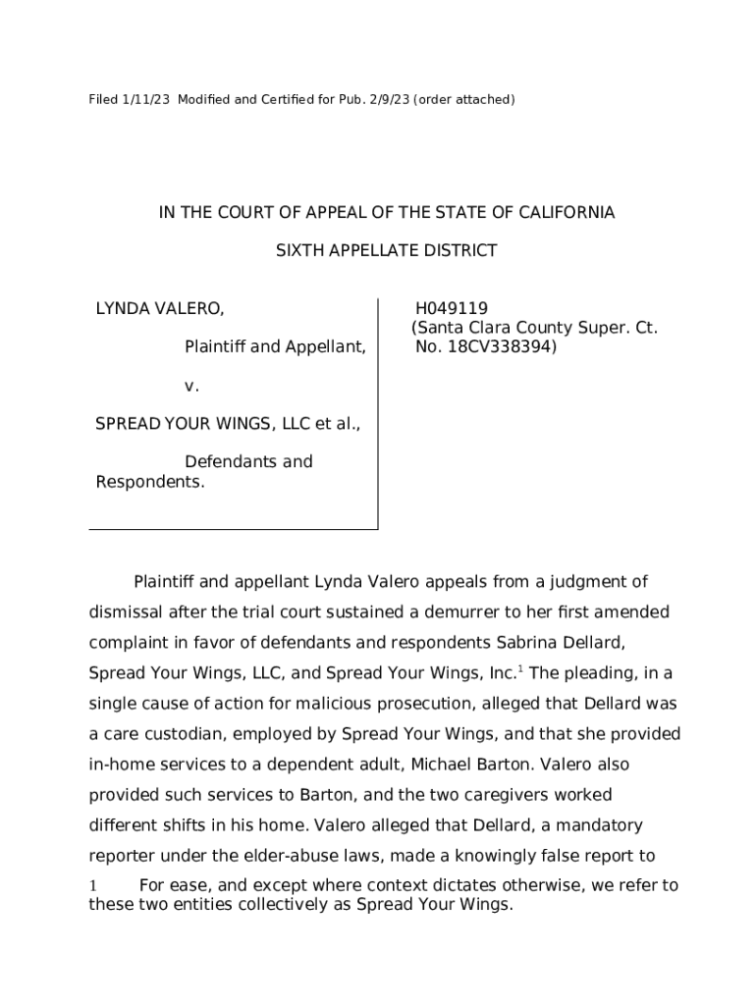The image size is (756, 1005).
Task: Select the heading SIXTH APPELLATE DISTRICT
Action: pyautogui.click(x=386, y=250)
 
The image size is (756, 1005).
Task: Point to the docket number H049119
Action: pyautogui.click(x=452, y=309)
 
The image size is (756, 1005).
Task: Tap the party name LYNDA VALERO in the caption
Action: pyautogui.click(x=159, y=309)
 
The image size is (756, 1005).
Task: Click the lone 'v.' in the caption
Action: pyautogui.click(x=191, y=386)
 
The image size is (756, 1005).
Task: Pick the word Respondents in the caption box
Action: pyautogui.click(x=150, y=482)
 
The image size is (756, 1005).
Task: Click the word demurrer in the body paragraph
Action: pyautogui.click(x=453, y=612)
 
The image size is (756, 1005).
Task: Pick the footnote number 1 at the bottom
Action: pyautogui.click(x=93, y=886)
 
